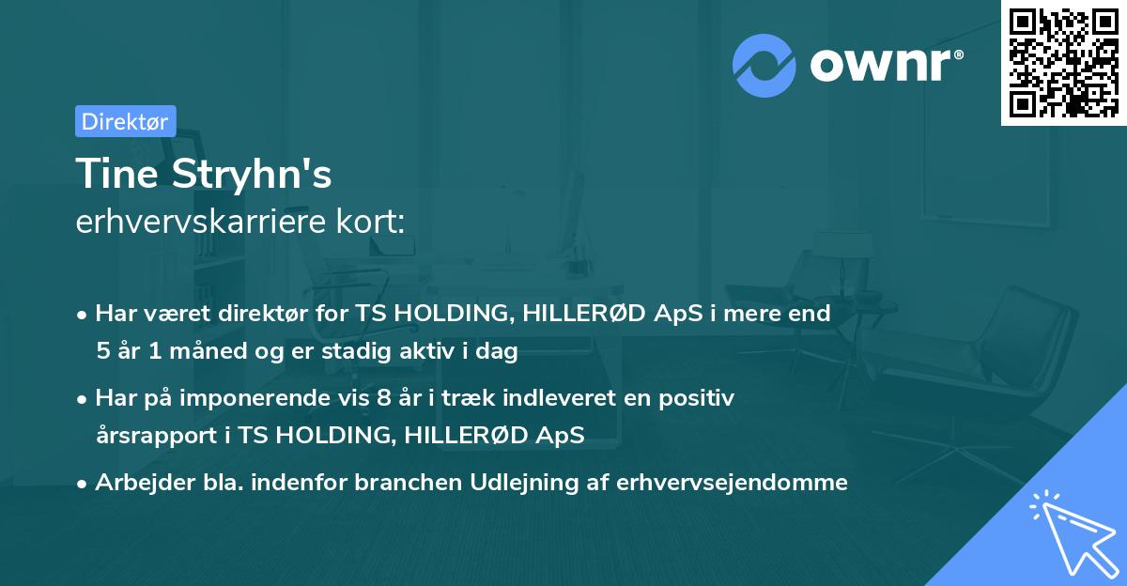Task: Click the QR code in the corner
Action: [1063, 63]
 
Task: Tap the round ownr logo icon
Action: [764, 65]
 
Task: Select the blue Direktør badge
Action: [125, 121]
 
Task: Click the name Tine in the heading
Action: [114, 175]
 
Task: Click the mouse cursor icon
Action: [1072, 530]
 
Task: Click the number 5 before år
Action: [102, 352]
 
